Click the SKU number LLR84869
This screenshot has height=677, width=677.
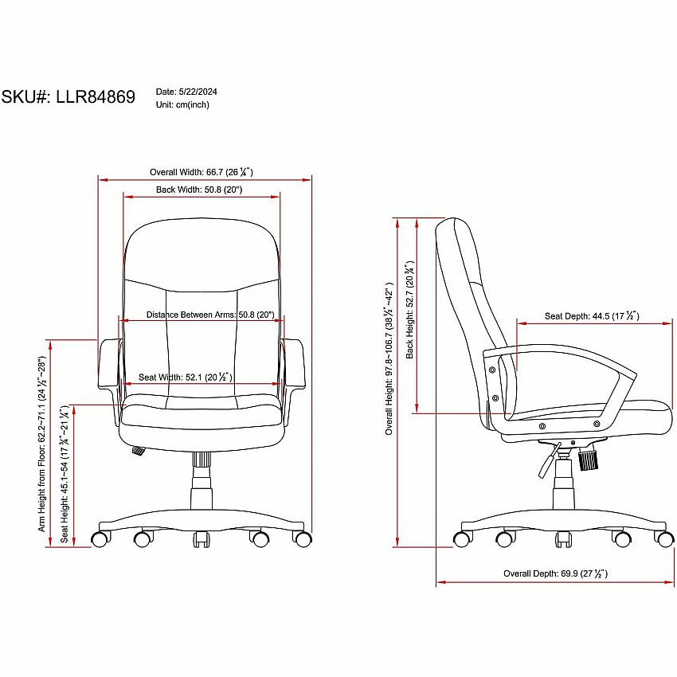pyautogui.click(x=96, y=96)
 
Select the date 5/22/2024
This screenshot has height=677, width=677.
pyautogui.click(x=198, y=92)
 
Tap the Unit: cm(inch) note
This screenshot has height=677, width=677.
pyautogui.click(x=182, y=105)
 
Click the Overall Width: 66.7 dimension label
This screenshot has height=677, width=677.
pyautogui.click(x=202, y=172)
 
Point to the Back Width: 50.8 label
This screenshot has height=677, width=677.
pyautogui.click(x=199, y=190)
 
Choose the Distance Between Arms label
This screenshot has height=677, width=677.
pyautogui.click(x=210, y=315)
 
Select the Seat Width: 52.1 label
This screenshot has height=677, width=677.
pyautogui.click(x=186, y=377)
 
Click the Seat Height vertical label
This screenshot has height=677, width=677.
pyautogui.click(x=65, y=474)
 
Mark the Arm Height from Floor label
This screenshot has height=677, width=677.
pyautogui.click(x=41, y=444)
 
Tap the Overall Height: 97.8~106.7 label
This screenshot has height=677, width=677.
pyautogui.click(x=389, y=358)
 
